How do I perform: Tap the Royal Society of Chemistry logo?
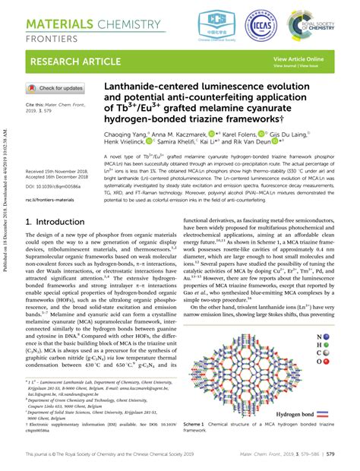point(320,24)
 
